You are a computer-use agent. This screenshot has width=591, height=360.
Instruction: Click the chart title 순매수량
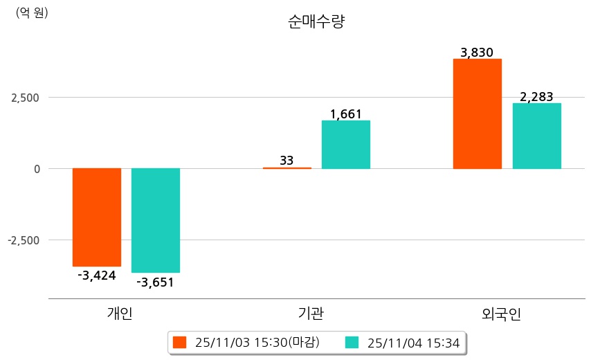(316, 21)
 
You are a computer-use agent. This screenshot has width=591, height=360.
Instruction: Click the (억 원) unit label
(32, 12)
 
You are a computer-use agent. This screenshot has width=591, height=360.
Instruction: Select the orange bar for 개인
(96, 217)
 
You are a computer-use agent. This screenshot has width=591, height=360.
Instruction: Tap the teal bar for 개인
(156, 220)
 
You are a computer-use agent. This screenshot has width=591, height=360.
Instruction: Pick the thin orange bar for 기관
(287, 168)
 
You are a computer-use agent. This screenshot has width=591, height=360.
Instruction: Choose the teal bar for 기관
(346, 145)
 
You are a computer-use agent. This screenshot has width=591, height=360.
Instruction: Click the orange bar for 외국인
(477, 114)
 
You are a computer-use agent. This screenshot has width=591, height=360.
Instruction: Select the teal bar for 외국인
(536, 136)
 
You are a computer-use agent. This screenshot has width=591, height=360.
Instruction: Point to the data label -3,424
(96, 276)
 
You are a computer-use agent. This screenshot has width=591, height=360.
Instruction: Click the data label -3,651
(155, 282)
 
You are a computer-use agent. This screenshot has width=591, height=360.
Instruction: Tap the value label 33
(287, 161)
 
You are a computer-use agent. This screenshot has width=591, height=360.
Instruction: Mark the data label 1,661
(346, 114)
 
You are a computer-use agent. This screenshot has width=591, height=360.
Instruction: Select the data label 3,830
(477, 53)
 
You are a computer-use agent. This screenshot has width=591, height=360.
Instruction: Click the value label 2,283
(536, 97)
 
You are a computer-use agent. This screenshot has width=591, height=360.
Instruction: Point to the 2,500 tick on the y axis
(25, 97)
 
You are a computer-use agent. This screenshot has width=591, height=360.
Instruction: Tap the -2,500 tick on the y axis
(24, 240)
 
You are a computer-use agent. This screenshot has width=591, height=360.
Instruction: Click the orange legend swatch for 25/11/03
(180, 342)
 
